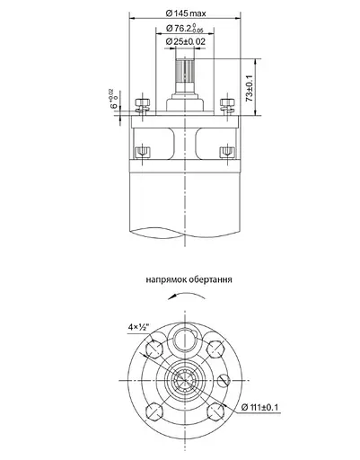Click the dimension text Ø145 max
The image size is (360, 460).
187,13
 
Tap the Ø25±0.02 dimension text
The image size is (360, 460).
188,41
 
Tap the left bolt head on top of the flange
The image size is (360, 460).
141,103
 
